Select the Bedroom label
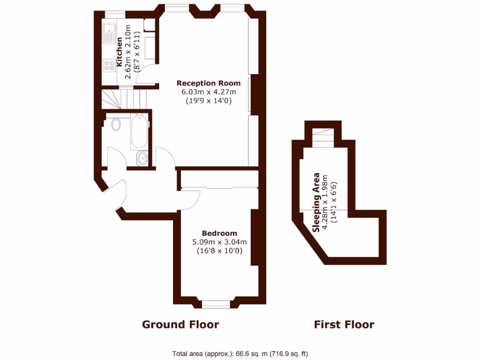[x=219, y=233]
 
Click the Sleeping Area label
[x=317, y=202]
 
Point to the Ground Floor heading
[x=180, y=324]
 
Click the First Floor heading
[x=344, y=324]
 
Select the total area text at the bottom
[x=240, y=353]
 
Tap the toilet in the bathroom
[x=116, y=124]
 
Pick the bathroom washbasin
[x=141, y=159]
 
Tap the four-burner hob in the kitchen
[x=109, y=65]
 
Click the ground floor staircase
[x=125, y=99]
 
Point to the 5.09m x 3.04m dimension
[x=219, y=242]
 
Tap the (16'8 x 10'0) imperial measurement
[x=219, y=251]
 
